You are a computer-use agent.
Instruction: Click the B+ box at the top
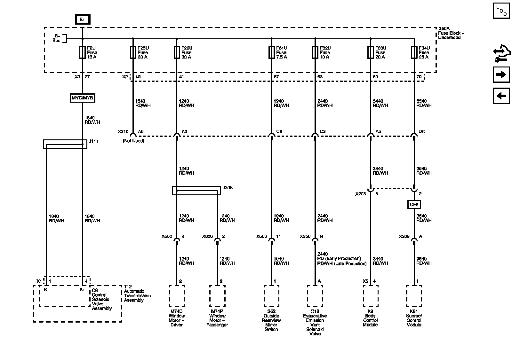click(83, 20)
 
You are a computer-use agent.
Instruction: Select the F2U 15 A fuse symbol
click(83, 52)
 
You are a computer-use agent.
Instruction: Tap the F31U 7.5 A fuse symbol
click(272, 52)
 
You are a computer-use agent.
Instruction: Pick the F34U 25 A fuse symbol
click(414, 52)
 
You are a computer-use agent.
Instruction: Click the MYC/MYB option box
click(83, 98)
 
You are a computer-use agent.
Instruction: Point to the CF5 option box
click(414, 204)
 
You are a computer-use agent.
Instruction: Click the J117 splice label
click(94, 141)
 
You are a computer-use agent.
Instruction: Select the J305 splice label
click(228, 188)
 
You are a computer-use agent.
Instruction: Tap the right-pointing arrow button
click(501, 75)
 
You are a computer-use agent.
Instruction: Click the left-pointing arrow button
click(501, 96)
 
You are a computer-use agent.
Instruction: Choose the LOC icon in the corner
click(501, 11)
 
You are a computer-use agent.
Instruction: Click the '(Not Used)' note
click(133, 141)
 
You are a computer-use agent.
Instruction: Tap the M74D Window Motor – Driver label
click(177, 318)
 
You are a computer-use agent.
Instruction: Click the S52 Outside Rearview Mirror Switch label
click(271, 320)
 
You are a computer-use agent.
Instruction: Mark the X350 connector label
click(305, 237)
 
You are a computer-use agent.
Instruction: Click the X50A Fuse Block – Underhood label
click(451, 33)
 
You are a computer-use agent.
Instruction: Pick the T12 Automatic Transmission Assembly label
click(137, 293)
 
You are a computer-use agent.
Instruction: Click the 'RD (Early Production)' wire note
click(339, 258)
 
